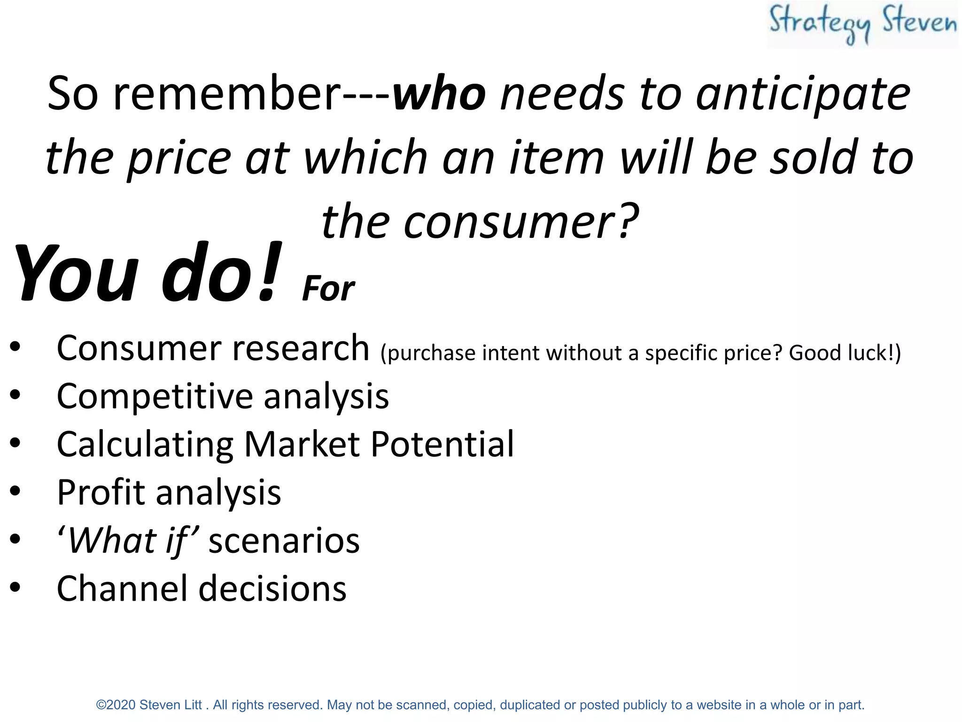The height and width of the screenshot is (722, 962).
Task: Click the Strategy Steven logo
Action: click(x=862, y=24)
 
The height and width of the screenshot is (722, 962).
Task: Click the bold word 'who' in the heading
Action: click(x=439, y=94)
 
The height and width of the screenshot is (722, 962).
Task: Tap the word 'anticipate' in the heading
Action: click(x=803, y=94)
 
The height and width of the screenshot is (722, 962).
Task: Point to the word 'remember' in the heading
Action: click(x=227, y=94)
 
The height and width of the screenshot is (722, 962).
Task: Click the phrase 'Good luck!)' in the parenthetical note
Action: click(x=845, y=353)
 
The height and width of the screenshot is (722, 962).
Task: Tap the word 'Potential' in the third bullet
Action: click(x=442, y=444)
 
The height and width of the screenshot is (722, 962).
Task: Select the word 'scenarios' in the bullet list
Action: click(x=284, y=541)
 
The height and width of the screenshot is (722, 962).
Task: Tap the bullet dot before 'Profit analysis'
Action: click(x=16, y=491)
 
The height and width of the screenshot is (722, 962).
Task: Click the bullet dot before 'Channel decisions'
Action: click(x=16, y=587)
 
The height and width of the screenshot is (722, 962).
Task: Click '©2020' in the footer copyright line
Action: click(x=116, y=705)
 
